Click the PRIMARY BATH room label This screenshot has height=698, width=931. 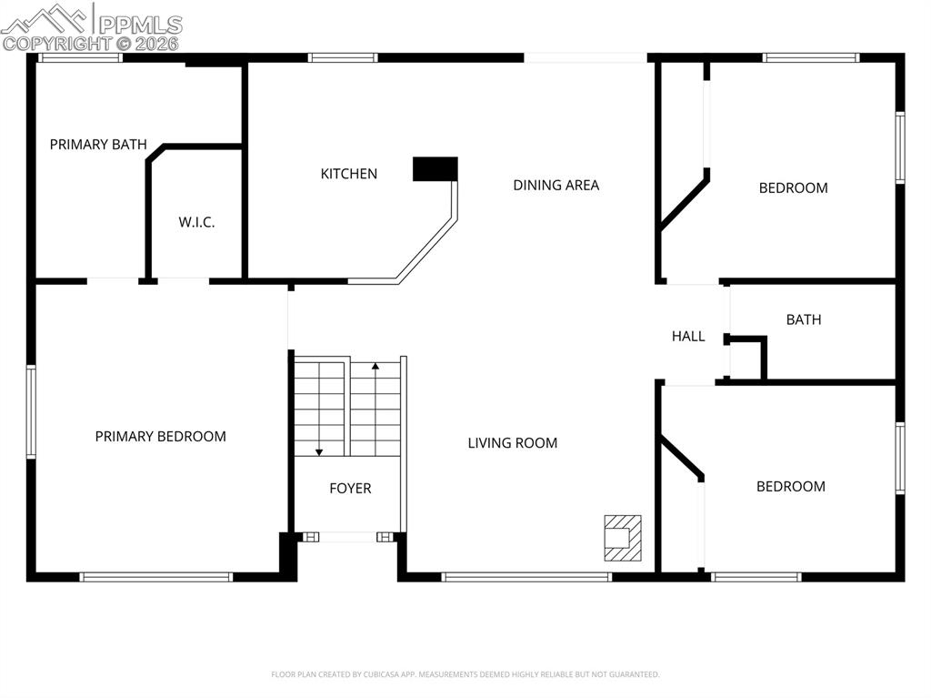pyautogui.click(x=98, y=145)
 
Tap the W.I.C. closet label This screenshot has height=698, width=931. pyautogui.click(x=196, y=222)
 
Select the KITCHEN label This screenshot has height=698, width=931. pyautogui.click(x=348, y=174)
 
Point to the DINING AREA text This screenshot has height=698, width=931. pyautogui.click(x=556, y=185)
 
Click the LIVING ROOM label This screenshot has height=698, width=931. pyautogui.click(x=512, y=443)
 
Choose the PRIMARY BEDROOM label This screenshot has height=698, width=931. pyautogui.click(x=160, y=437)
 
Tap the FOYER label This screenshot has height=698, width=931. pyautogui.click(x=350, y=489)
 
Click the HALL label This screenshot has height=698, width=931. pyautogui.click(x=688, y=337)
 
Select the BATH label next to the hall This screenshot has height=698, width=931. pyautogui.click(x=803, y=319)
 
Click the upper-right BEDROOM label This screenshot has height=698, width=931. pyautogui.click(x=793, y=188)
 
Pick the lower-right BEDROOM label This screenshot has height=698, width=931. pyautogui.click(x=790, y=487)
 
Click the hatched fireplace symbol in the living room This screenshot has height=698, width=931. pyautogui.click(x=623, y=538)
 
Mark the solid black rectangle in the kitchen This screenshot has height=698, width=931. pyautogui.click(x=435, y=169)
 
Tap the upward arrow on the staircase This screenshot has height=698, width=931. pyautogui.click(x=375, y=368)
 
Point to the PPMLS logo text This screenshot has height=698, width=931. pyautogui.click(x=139, y=25)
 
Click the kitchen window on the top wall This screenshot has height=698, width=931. pyautogui.click(x=342, y=58)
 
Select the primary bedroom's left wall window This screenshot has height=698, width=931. pyautogui.click(x=31, y=411)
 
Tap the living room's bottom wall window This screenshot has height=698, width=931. pyautogui.click(x=526, y=576)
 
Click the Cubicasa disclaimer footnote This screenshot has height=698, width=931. pyautogui.click(x=465, y=674)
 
